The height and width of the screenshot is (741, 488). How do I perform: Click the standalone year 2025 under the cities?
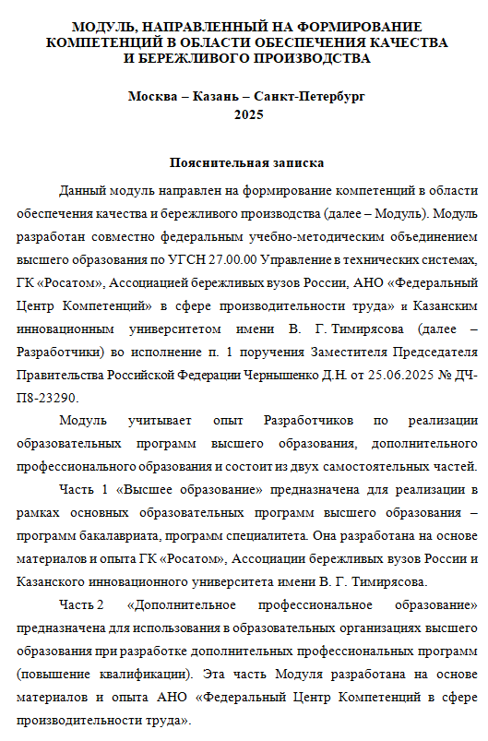247,114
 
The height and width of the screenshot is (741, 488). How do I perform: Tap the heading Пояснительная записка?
247,162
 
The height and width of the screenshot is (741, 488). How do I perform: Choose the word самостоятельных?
401,464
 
